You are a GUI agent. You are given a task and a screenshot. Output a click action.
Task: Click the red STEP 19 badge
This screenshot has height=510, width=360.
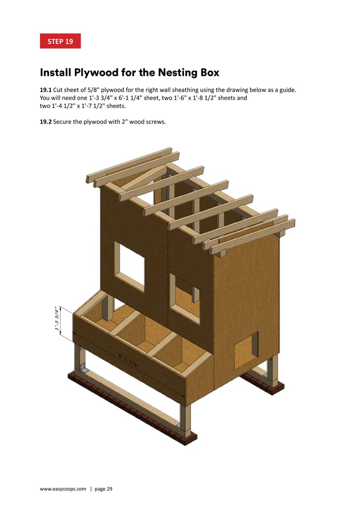[x=60, y=41]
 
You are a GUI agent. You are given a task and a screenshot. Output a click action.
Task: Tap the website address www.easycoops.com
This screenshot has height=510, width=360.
[x=63, y=489]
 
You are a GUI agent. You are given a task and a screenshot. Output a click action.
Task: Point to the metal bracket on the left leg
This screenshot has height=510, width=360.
[x=82, y=367]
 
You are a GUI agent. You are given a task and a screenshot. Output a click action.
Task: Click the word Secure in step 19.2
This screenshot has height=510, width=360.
[x=64, y=121]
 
